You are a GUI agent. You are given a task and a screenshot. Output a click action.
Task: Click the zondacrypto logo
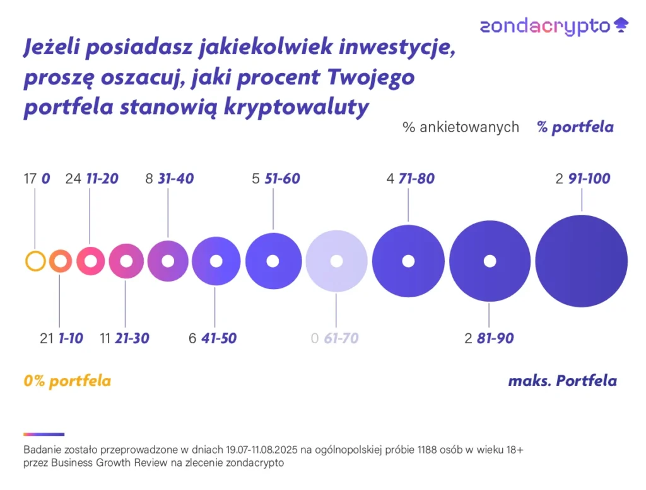554,26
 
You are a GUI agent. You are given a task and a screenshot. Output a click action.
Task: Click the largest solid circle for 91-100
581,261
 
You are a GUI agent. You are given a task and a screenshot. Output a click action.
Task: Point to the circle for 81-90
466,261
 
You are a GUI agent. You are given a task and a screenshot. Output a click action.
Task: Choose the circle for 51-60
255,261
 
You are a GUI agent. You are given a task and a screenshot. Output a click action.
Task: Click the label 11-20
102,179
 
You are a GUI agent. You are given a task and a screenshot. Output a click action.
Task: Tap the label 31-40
176,179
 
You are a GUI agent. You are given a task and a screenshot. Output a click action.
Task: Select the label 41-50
219,338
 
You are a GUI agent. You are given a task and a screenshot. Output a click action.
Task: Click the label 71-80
416,179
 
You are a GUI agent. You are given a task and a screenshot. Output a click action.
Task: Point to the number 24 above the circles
73,179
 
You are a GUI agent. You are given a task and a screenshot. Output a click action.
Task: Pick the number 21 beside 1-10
47,338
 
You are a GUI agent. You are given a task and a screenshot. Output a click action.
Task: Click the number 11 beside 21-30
105,338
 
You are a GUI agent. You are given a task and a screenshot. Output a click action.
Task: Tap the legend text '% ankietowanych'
461,127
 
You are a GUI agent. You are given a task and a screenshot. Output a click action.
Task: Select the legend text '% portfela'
575,127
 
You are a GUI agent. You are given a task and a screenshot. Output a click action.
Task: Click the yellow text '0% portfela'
67,381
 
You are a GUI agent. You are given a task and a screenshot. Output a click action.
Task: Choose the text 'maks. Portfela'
562,381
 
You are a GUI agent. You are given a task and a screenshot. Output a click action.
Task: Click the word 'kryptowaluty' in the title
297,108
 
